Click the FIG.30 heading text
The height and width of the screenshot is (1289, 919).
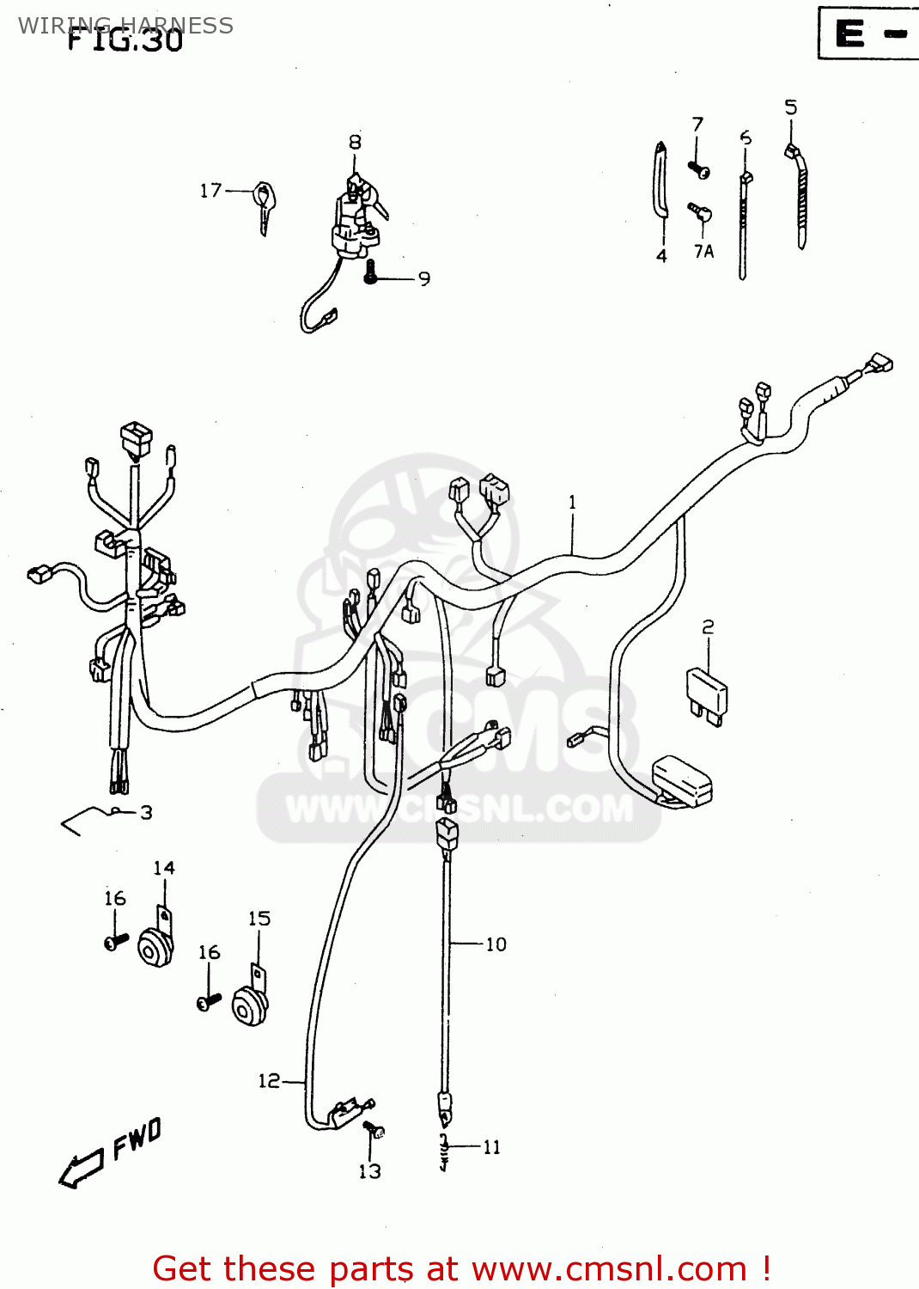(125, 40)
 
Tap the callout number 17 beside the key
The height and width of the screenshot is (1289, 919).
(210, 191)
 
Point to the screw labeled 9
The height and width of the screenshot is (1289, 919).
(371, 273)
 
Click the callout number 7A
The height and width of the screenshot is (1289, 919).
(703, 251)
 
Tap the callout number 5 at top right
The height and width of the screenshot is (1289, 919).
(790, 107)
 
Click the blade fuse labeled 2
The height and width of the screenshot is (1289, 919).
(708, 693)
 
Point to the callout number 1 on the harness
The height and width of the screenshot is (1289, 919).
(573, 502)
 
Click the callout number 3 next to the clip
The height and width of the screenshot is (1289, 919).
(146, 812)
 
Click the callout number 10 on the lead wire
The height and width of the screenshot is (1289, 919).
(496, 944)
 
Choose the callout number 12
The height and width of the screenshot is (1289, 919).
(269, 1080)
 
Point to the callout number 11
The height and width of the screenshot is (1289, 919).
(491, 1147)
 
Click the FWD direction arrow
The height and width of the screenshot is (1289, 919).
(82, 1169)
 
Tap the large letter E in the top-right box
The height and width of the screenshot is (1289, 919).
(850, 34)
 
